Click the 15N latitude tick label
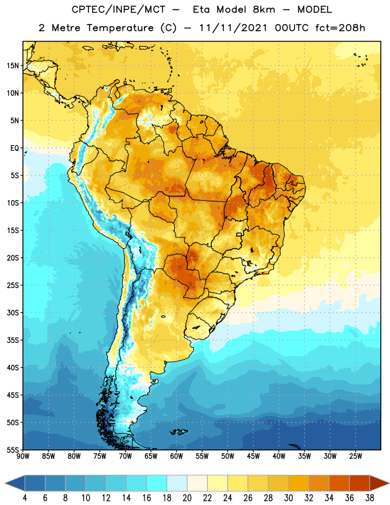13,66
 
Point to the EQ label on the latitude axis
15,148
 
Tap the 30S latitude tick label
13,312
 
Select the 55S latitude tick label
13,449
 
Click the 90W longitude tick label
23,456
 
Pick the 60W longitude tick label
177,456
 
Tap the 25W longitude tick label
355,456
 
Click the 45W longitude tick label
253,456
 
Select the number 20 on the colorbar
187,498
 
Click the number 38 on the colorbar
369,498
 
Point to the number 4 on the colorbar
25,498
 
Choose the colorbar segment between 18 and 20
177,483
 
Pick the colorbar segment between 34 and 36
339,483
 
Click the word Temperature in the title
121,28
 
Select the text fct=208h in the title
340,28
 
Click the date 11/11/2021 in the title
233,28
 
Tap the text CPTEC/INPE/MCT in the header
119,9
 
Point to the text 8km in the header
264,9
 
